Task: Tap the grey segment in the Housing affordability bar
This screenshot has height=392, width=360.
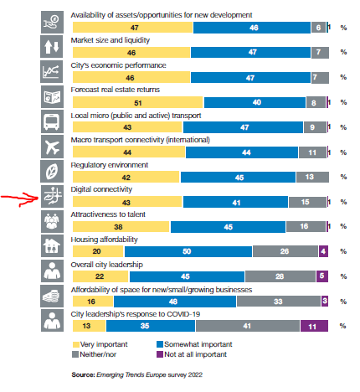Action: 285,250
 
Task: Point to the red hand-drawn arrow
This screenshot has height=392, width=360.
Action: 18,199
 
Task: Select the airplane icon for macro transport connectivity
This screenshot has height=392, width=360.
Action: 52,148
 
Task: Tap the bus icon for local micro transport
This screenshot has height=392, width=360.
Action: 52,123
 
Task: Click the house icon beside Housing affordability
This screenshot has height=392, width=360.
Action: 52,248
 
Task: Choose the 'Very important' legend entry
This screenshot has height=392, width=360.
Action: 99,343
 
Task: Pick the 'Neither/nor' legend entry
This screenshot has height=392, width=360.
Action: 98,353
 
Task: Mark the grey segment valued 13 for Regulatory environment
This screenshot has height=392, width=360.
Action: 310,177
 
